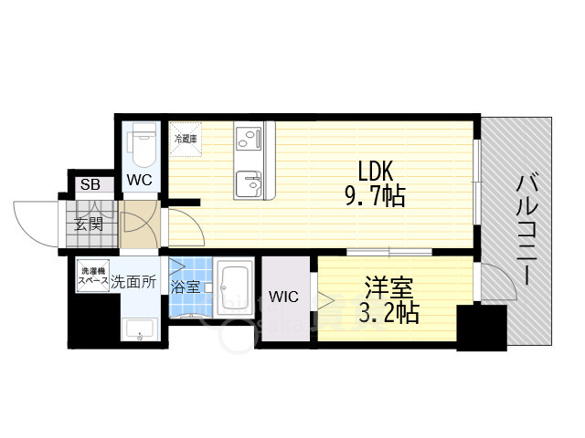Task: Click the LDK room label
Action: tap(376, 172)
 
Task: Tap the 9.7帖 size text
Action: tap(376, 195)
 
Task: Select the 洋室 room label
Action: tap(389, 287)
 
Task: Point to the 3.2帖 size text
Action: tap(389, 312)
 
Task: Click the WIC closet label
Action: tap(284, 297)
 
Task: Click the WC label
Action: tap(139, 180)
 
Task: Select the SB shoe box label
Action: tap(90, 184)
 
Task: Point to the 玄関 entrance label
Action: tap(89, 224)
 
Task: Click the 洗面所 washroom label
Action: tap(133, 282)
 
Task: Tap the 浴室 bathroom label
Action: tap(185, 287)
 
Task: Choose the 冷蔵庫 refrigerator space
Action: tap(186, 140)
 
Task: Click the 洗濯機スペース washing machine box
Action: tap(93, 276)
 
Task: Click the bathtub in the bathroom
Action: tap(235, 287)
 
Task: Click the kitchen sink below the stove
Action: tap(249, 184)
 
